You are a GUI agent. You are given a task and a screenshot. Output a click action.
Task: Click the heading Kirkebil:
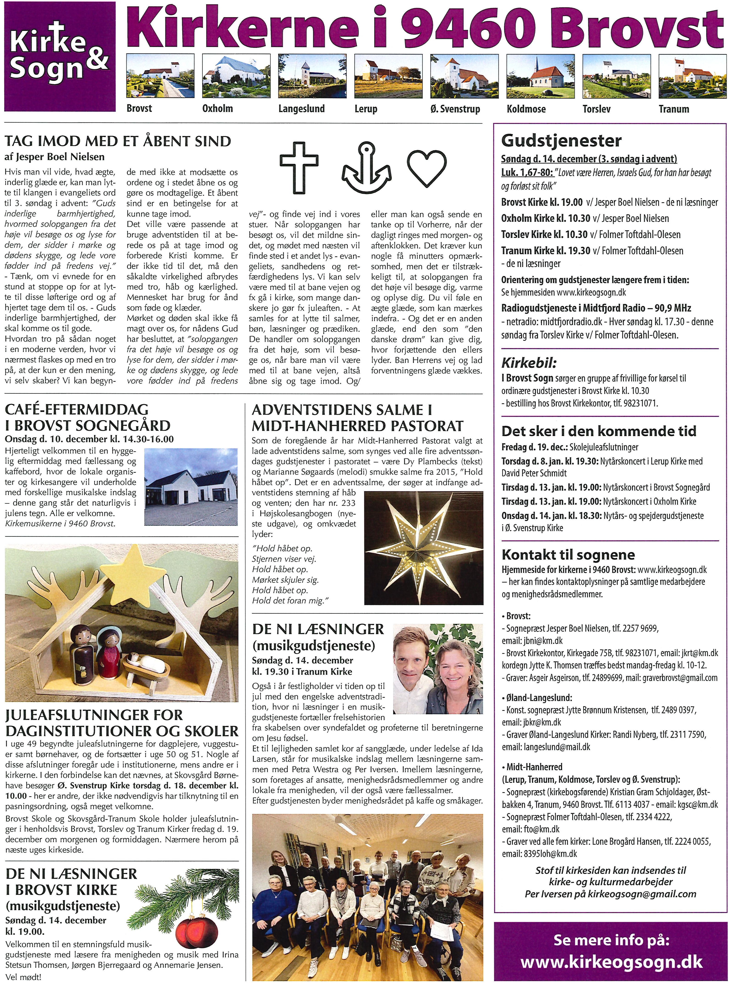(x=529, y=363)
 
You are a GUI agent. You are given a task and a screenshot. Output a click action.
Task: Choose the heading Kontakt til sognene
(x=568, y=555)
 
